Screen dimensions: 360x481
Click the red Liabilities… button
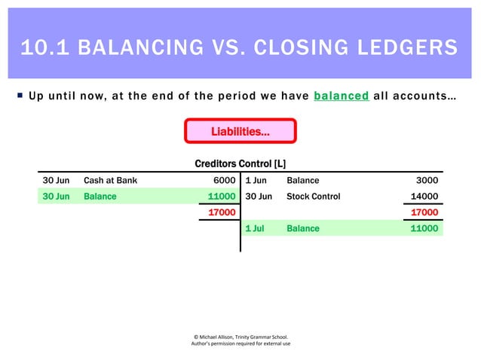240,132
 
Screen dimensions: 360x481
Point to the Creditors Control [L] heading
240,163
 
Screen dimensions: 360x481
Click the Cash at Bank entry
110,181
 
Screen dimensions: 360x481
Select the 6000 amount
225,181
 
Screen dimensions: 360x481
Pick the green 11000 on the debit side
222,197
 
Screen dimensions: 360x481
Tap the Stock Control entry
313,197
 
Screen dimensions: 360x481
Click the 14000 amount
423,197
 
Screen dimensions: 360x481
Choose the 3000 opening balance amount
427,181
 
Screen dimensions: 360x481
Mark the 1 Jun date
256,181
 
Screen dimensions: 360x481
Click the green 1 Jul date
255,228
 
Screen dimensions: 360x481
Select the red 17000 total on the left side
222,212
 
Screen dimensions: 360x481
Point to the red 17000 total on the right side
423,212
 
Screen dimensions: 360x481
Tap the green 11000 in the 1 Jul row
423,228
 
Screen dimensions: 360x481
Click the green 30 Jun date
56,197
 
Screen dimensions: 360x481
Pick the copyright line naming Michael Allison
240,337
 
